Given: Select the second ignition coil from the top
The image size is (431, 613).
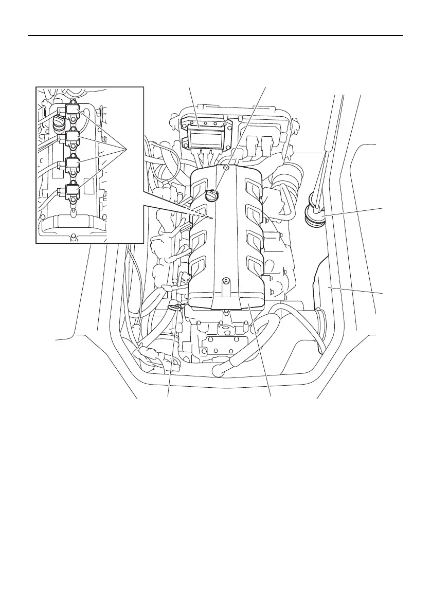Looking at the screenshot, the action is pos(73,137).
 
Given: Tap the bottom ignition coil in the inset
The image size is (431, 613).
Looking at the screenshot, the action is pos(71,191).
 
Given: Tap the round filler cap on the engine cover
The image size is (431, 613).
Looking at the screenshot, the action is pos(212,195).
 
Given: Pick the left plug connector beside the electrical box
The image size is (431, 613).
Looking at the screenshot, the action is pos(253,146).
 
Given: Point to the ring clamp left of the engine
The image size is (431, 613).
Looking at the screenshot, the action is pos(175,308).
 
